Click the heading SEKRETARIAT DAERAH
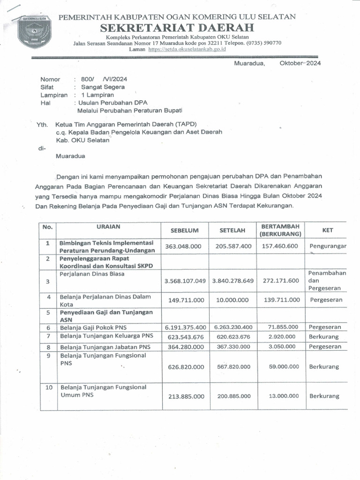point(177,28)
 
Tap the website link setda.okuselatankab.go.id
point(187,49)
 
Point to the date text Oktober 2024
point(300,63)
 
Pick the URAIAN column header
point(108,226)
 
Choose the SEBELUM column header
point(185,230)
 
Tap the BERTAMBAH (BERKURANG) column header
point(281,230)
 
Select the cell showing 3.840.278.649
point(233,281)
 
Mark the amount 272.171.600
point(281,281)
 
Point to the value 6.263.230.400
point(233,327)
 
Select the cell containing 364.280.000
point(185,347)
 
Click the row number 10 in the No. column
point(48,388)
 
